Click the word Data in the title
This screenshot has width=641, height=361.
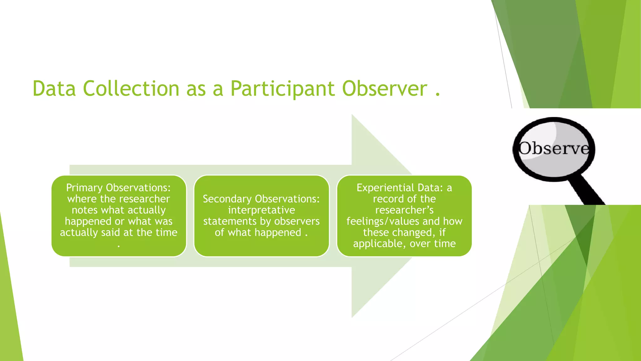tap(54, 89)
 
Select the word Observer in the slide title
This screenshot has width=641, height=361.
tap(385, 89)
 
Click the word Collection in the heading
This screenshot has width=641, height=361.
tap(131, 89)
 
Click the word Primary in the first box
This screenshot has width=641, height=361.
tap(84, 188)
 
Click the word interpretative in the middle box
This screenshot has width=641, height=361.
tap(261, 210)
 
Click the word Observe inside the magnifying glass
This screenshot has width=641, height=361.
tap(553, 149)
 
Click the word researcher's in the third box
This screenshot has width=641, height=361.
tap(404, 210)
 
